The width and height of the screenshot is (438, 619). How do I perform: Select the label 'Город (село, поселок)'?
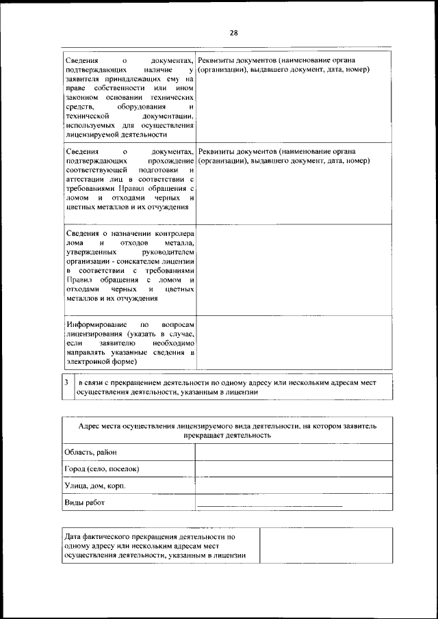102,469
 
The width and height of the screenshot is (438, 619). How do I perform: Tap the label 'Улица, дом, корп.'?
94,486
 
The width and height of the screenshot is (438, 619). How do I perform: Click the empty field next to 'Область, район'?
294,452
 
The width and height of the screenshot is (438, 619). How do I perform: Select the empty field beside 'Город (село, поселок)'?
294,469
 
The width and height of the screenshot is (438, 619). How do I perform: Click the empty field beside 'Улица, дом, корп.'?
294,486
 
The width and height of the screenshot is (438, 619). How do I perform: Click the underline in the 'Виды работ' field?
270,505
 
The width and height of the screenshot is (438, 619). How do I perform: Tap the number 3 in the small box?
66,384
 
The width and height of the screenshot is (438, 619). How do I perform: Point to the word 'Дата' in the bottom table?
74,538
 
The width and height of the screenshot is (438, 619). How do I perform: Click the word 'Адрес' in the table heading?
90,425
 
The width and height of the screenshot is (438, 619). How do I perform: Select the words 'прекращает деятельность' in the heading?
227,434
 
